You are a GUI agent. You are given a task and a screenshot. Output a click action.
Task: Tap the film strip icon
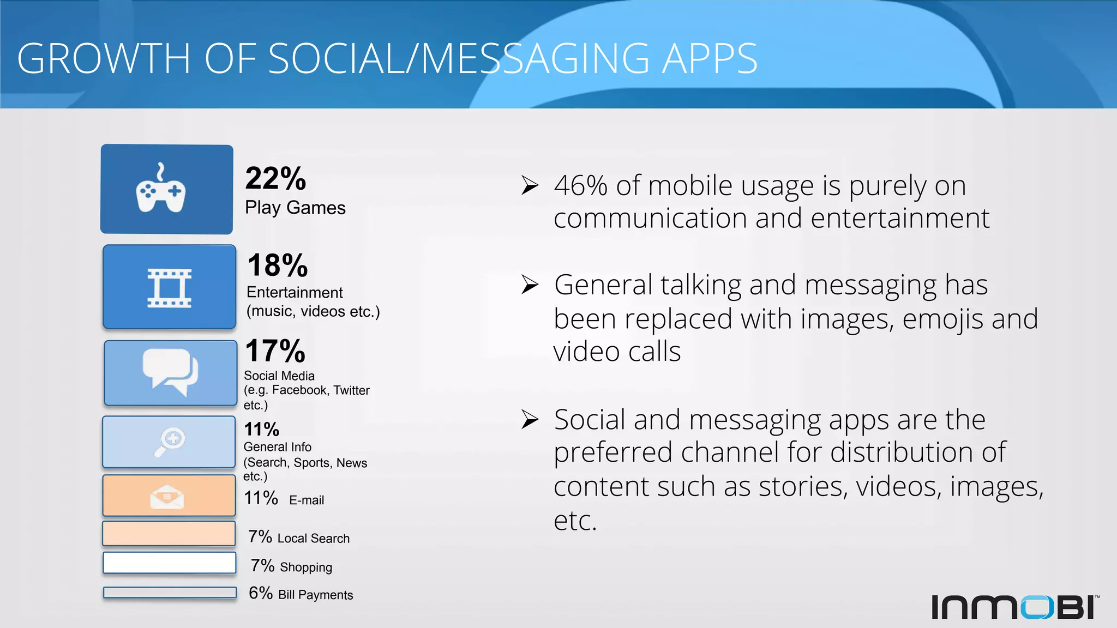click(x=170, y=288)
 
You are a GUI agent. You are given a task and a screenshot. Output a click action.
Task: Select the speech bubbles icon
click(x=170, y=372)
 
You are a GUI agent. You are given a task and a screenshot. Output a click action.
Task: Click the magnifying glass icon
click(x=170, y=442)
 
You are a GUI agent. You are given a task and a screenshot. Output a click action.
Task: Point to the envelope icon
click(x=167, y=497)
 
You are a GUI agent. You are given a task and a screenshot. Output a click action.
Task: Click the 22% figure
click(x=275, y=178)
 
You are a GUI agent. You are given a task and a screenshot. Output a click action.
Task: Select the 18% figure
click(x=278, y=265)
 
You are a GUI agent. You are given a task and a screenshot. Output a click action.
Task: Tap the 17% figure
click(x=275, y=351)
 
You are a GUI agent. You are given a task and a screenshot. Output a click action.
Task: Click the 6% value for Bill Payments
click(x=260, y=593)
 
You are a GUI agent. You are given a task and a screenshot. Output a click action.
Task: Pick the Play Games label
click(x=295, y=208)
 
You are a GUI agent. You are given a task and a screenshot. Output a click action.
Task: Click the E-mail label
click(x=307, y=500)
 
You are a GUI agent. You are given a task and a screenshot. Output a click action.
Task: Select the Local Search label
click(x=313, y=539)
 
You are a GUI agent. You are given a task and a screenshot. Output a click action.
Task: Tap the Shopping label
click(x=305, y=567)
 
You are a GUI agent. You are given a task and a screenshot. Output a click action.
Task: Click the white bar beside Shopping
click(x=170, y=563)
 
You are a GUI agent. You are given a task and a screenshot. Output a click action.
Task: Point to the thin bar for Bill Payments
click(x=170, y=592)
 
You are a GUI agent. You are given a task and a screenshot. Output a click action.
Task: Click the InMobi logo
click(x=1014, y=607)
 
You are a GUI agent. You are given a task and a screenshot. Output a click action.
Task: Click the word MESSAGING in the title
click(x=535, y=59)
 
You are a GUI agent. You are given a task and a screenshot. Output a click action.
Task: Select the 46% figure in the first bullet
click(x=580, y=186)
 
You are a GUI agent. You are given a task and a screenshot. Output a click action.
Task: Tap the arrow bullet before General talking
click(x=530, y=285)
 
